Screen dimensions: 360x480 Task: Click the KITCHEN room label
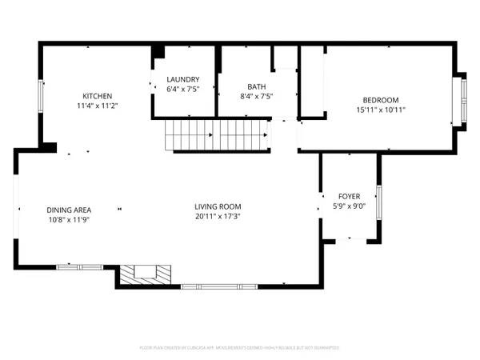click(97, 96)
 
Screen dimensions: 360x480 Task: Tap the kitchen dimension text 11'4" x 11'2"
click(97, 106)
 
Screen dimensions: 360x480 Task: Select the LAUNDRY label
click(183, 79)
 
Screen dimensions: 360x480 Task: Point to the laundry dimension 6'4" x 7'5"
click(183, 89)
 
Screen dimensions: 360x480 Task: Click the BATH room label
click(257, 87)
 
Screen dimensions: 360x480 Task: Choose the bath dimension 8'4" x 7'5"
click(257, 97)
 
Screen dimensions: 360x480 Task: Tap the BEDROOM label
click(381, 100)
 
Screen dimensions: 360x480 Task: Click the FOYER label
click(349, 195)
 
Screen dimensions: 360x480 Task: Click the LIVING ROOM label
click(218, 206)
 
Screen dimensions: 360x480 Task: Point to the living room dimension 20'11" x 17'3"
click(218, 216)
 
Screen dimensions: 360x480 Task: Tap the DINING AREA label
click(68, 210)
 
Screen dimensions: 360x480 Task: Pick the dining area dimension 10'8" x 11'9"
click(68, 219)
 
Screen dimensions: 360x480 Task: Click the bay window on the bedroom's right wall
click(460, 100)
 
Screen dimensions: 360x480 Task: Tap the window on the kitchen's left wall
click(42, 97)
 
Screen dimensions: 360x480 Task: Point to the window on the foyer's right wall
click(379, 201)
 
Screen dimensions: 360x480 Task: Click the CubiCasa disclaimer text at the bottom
click(240, 348)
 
